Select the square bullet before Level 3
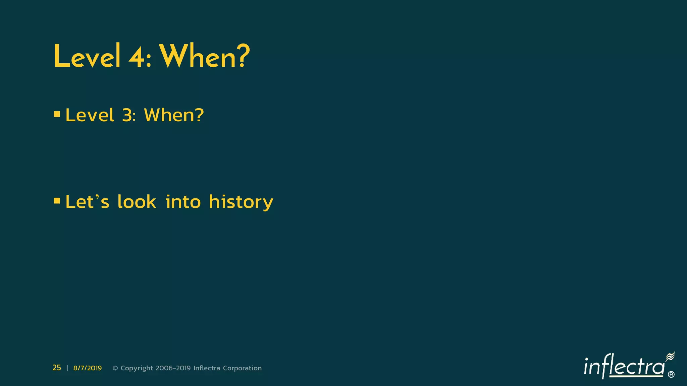pyautogui.click(x=57, y=115)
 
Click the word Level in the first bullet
pyautogui.click(x=90, y=115)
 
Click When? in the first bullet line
pyautogui.click(x=174, y=115)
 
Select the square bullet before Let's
pyautogui.click(x=57, y=201)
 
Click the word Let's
pyautogui.click(x=87, y=202)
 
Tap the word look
pyautogui.click(x=137, y=202)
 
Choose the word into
pyautogui.click(x=183, y=202)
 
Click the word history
pyautogui.click(x=241, y=202)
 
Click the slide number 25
pyautogui.click(x=57, y=368)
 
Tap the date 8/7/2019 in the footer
pyautogui.click(x=87, y=368)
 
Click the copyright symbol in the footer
pyautogui.click(x=115, y=368)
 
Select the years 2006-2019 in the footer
pyautogui.click(x=173, y=368)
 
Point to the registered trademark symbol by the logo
pyautogui.click(x=671, y=375)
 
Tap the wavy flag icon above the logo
pyautogui.click(x=670, y=357)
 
